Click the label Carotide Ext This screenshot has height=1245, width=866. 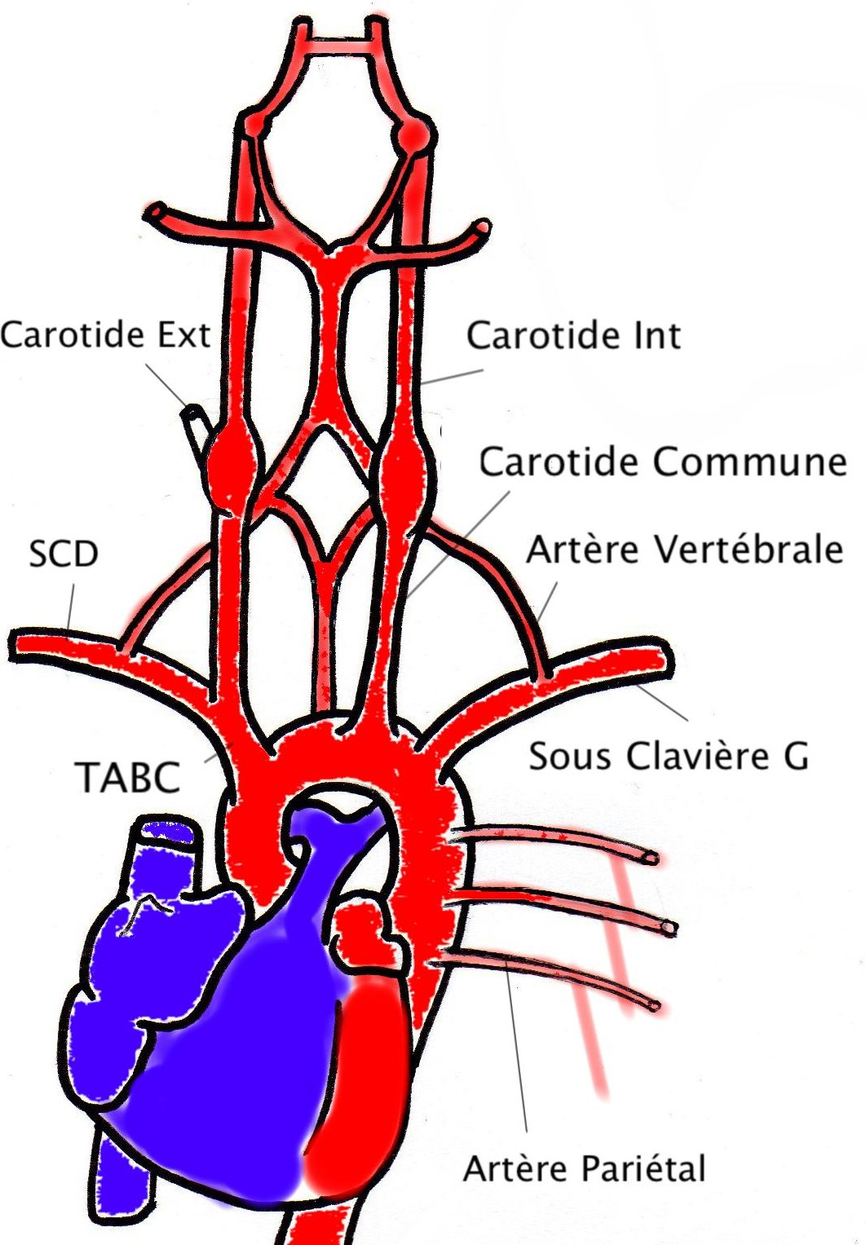click(105, 335)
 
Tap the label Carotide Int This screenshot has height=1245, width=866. click(573, 336)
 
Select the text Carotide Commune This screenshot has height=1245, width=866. click(662, 462)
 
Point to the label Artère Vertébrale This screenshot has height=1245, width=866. click(684, 550)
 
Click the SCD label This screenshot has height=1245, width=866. click(63, 554)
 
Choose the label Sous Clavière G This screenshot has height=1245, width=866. click(669, 756)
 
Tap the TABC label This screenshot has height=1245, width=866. click(128, 777)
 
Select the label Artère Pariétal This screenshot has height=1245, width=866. click(584, 1169)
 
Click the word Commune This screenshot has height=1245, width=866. click(749, 462)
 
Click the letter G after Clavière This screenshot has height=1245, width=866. click(796, 757)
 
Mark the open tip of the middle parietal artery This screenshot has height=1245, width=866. click(669, 927)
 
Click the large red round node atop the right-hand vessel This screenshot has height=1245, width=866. click(414, 135)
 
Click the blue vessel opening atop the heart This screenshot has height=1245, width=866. click(170, 832)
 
